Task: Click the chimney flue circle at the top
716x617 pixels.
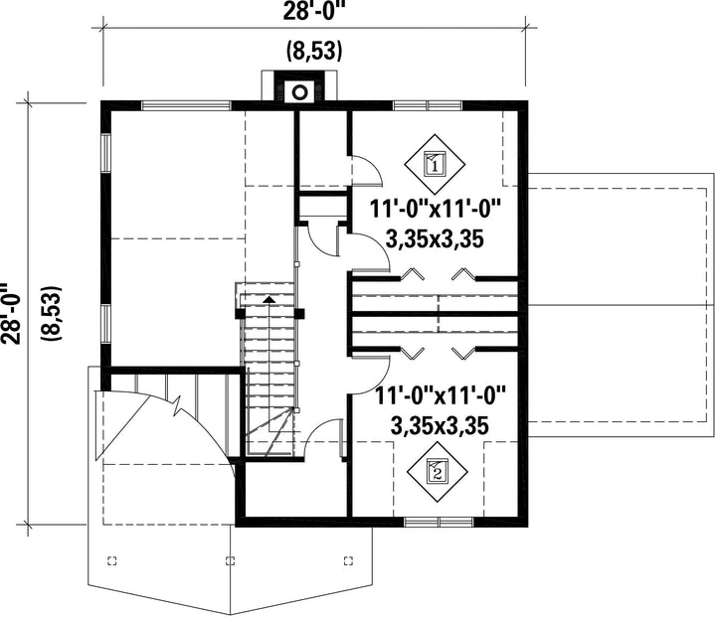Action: tap(299, 92)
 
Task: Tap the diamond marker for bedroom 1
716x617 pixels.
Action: tap(435, 164)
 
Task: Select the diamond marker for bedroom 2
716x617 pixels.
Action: tap(437, 472)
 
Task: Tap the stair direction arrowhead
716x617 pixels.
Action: tap(269, 299)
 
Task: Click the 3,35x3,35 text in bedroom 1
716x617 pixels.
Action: tap(435, 238)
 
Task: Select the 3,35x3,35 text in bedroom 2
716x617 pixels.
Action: tap(440, 425)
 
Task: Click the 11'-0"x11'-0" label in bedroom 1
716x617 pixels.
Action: tap(436, 211)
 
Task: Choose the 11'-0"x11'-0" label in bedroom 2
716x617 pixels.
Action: tap(441, 396)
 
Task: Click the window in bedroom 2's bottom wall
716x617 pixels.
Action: tap(439, 522)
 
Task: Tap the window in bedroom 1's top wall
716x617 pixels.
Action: tap(428, 105)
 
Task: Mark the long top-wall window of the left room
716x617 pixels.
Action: tap(186, 105)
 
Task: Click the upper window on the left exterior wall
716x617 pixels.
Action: tap(105, 153)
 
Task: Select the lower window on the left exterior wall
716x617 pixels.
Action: tap(105, 324)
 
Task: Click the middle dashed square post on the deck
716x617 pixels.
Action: tap(231, 560)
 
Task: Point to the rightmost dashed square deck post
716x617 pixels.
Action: tap(348, 560)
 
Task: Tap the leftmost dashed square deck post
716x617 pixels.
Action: tap(111, 560)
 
